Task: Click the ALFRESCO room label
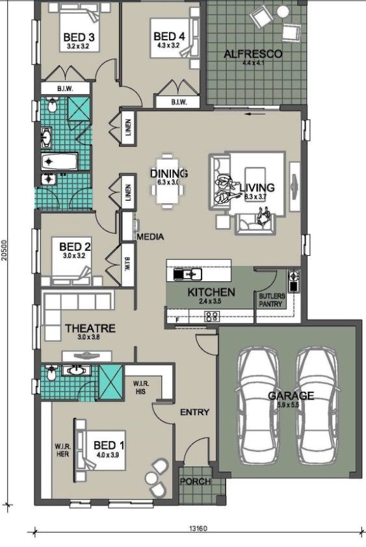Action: click(x=252, y=54)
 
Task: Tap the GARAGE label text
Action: click(x=291, y=395)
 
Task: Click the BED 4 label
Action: click(x=170, y=37)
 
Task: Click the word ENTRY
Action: click(x=194, y=412)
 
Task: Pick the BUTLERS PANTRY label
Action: click(x=272, y=299)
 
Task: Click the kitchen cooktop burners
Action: click(x=212, y=316)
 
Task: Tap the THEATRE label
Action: click(x=90, y=329)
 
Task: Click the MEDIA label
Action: click(x=150, y=237)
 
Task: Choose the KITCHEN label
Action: click(x=211, y=292)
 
